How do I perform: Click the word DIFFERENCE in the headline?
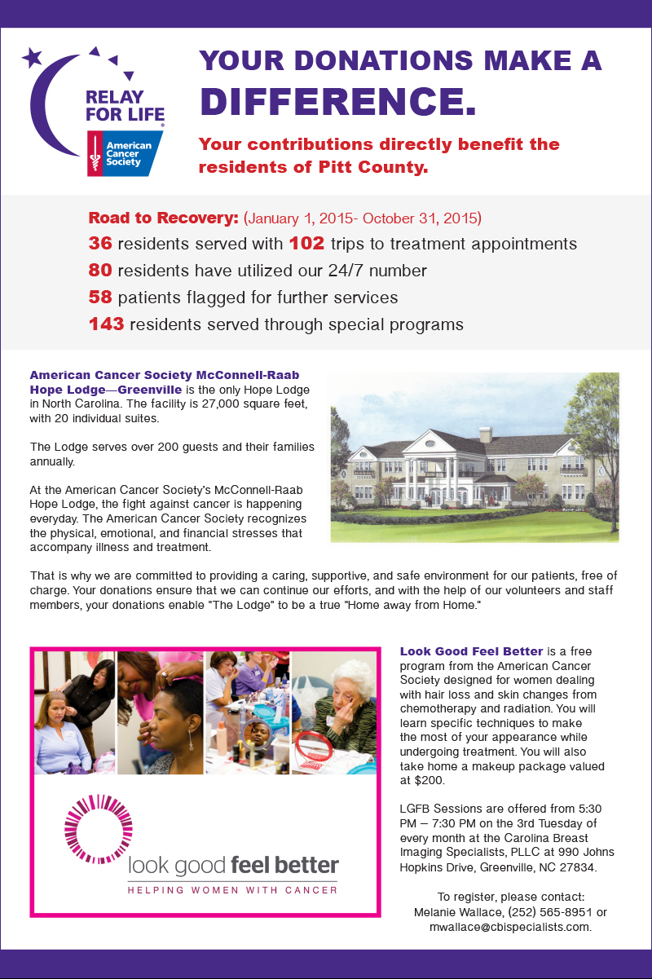tap(337, 99)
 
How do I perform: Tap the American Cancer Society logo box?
tap(124, 153)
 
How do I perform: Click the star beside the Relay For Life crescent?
tap(32, 57)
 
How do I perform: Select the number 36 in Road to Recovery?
tap(100, 244)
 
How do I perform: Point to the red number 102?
tap(306, 244)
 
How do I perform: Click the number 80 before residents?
tap(100, 271)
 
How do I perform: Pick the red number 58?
tap(100, 298)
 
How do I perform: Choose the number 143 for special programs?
tap(106, 324)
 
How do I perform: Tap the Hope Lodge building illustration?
tap(474, 457)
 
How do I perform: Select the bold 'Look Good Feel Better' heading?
tap(471, 651)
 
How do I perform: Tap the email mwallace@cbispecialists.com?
tap(510, 927)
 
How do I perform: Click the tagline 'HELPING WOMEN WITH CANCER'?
tap(232, 889)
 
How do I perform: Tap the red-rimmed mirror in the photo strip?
tap(314, 747)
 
